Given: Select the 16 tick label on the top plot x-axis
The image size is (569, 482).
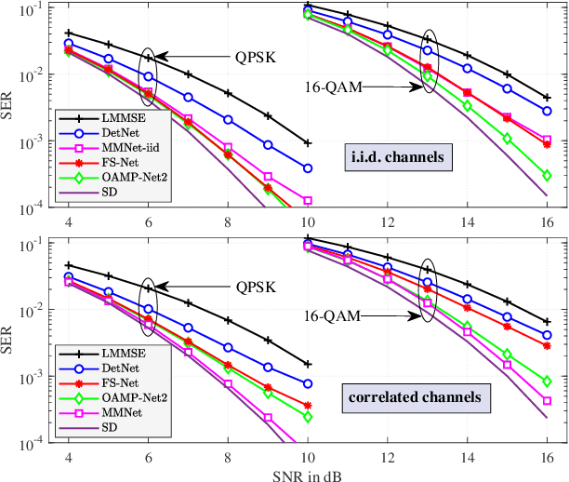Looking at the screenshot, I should tap(546, 223).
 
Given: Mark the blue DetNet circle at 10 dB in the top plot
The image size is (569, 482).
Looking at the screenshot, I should tap(308, 168).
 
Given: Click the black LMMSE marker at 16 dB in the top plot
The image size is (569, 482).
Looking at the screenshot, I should tap(547, 98).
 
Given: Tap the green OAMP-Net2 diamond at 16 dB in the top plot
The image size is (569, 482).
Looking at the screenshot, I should tap(547, 175).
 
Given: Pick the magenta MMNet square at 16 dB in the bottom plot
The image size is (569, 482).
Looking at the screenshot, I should tap(547, 401).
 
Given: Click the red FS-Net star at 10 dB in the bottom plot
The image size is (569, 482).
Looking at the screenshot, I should tap(308, 406).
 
